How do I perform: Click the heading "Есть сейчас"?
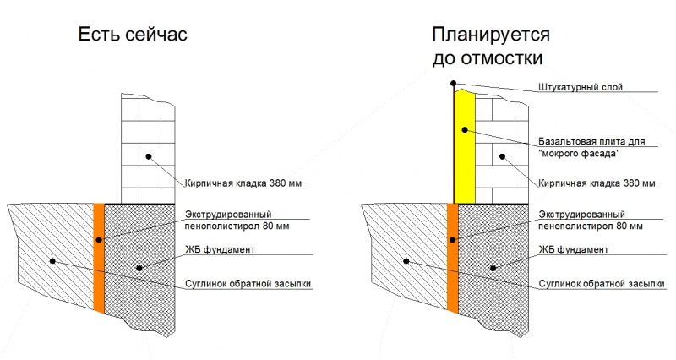click(x=133, y=34)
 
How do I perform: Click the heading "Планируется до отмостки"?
click(x=491, y=46)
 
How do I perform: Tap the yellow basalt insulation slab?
click(x=465, y=146)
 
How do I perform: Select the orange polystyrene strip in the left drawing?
click(x=99, y=258)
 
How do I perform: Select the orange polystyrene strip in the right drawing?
click(x=453, y=258)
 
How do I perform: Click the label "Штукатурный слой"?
click(x=581, y=87)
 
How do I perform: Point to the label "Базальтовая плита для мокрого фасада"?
click(x=591, y=147)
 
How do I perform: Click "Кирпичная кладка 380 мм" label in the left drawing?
click(x=243, y=183)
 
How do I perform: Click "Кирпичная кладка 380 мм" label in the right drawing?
click(x=597, y=183)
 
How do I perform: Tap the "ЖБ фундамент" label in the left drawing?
click(x=221, y=249)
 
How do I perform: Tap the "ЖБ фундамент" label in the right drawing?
click(x=574, y=249)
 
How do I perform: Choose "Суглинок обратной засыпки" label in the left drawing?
click(x=248, y=284)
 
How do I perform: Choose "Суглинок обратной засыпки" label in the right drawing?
click(x=602, y=284)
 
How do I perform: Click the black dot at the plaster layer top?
click(x=453, y=83)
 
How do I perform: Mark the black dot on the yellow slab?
click(x=465, y=129)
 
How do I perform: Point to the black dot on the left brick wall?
click(x=149, y=156)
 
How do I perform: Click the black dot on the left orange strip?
click(x=99, y=240)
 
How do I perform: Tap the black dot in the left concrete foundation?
click(x=139, y=268)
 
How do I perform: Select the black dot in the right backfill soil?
click(x=406, y=261)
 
